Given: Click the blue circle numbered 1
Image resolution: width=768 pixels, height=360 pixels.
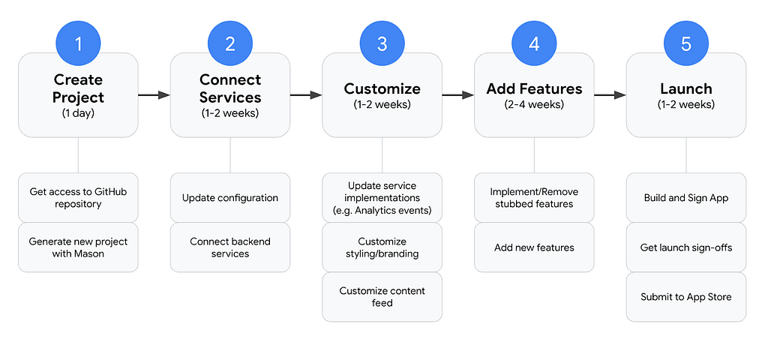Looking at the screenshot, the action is (x=78, y=44).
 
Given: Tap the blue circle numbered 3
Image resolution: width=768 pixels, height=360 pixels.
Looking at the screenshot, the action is (x=382, y=44).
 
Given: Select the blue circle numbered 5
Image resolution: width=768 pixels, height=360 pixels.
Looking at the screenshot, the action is (x=685, y=44).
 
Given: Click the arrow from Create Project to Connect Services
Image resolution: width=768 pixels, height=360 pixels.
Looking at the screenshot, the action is (x=154, y=95).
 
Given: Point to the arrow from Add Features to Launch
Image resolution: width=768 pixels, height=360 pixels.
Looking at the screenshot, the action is (x=610, y=95).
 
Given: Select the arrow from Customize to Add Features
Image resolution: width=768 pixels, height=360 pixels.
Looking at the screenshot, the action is (x=458, y=95).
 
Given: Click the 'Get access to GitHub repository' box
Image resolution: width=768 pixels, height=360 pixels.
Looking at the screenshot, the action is (x=78, y=197).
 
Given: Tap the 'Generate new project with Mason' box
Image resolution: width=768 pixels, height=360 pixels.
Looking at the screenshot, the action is (x=78, y=247).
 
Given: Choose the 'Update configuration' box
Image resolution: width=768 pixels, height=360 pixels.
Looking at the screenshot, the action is (x=230, y=197).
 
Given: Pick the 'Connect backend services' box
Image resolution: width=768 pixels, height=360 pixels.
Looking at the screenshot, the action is (x=230, y=247).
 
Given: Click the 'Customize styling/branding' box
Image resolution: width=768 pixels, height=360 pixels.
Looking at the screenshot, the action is (x=382, y=247).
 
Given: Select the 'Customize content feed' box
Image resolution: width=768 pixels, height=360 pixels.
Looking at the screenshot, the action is (x=382, y=297).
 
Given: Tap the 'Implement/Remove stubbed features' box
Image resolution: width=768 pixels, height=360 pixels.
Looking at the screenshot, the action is (x=534, y=197).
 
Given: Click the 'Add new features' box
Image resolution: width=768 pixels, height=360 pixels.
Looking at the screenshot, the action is (x=534, y=247).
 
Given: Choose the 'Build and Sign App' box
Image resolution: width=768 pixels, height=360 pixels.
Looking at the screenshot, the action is (x=685, y=197).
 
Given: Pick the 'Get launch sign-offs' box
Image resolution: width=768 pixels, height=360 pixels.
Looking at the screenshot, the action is (x=685, y=247).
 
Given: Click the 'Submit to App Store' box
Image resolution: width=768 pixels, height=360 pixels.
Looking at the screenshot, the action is (x=685, y=297).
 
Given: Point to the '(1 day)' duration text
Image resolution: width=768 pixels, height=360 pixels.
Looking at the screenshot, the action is (x=78, y=113).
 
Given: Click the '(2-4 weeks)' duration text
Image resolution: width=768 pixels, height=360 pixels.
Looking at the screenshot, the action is (x=534, y=104).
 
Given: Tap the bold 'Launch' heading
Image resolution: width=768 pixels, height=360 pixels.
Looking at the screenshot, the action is (x=685, y=88).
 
